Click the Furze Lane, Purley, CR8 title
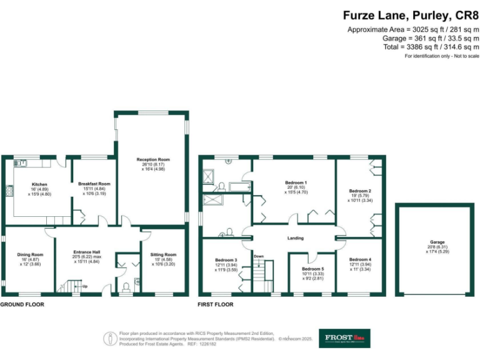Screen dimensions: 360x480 point(411,16)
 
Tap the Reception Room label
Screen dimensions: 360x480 point(153,160)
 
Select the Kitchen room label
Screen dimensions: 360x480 point(39,185)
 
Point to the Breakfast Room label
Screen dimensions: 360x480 point(94,184)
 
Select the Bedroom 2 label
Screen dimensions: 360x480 point(360,191)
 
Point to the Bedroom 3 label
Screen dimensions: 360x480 point(226,260)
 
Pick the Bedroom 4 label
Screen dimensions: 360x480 point(360,260)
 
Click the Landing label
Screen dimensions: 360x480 point(295,238)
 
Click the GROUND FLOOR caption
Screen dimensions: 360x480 point(21,304)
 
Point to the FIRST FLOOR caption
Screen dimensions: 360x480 point(216,304)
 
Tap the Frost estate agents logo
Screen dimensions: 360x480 point(344,338)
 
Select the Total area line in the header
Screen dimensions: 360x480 point(431,47)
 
